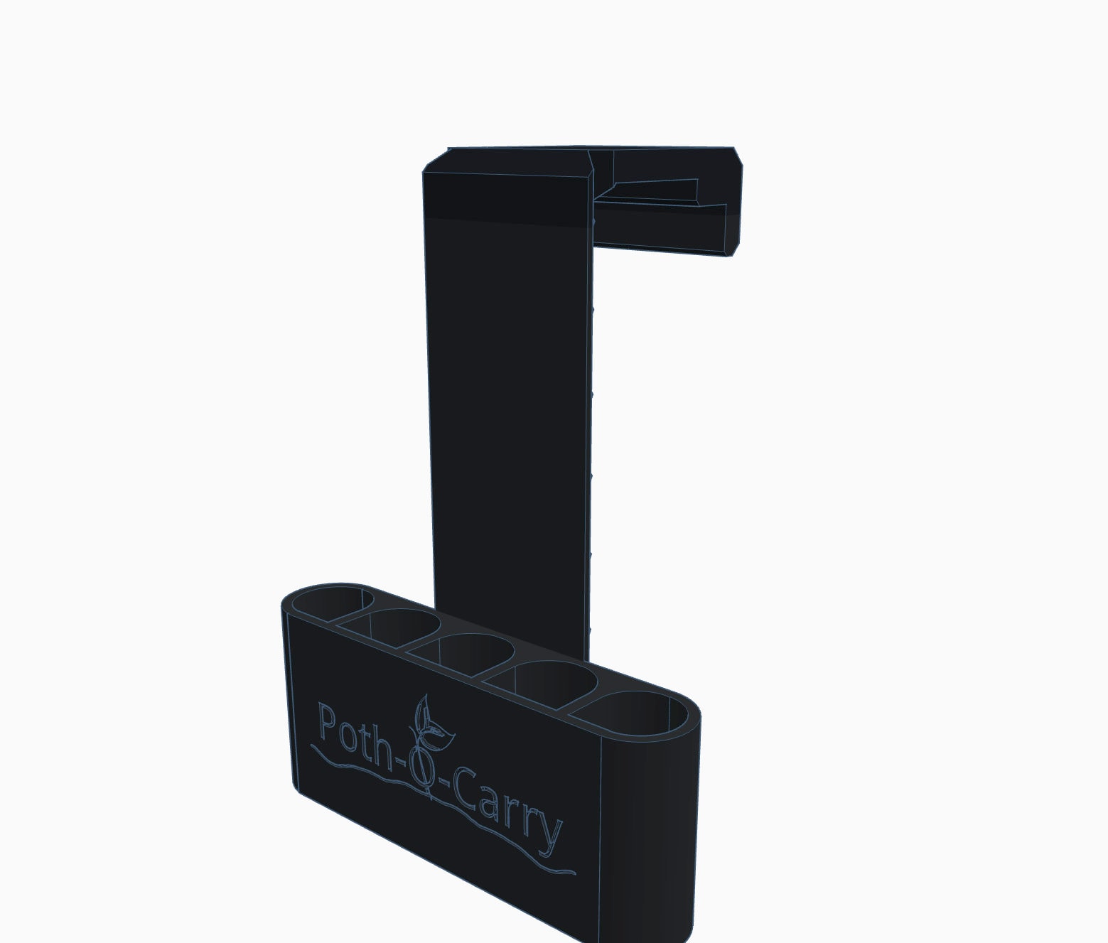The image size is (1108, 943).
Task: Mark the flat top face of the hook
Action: point(590,161)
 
